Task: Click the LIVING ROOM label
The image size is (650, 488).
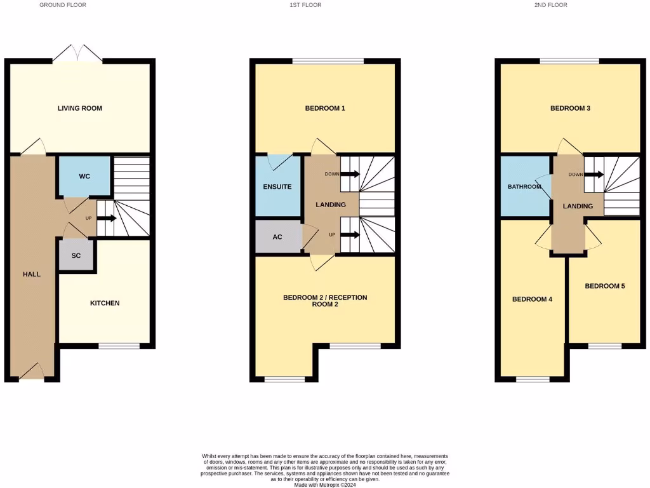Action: click(80, 108)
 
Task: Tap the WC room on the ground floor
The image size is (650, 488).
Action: click(84, 175)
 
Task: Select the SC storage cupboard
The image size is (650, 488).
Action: click(76, 255)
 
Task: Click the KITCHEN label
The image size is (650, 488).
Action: click(105, 303)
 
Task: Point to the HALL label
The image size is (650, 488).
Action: click(32, 274)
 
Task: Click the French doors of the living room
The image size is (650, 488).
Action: click(77, 55)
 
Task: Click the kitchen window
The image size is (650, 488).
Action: click(119, 346)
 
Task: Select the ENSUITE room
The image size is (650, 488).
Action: click(277, 187)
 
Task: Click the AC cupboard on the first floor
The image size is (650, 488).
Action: click(277, 236)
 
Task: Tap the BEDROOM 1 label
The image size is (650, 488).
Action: click(325, 108)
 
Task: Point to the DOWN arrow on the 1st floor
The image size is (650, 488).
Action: click(350, 173)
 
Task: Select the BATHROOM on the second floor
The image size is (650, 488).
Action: click(524, 187)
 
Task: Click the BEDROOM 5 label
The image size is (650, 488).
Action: click(605, 286)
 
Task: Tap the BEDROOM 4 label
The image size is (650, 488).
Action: click(532, 299)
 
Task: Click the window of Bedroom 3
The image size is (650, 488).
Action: click(569, 61)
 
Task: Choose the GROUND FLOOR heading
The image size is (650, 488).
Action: click(63, 5)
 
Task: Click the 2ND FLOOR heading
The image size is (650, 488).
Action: click(550, 5)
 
